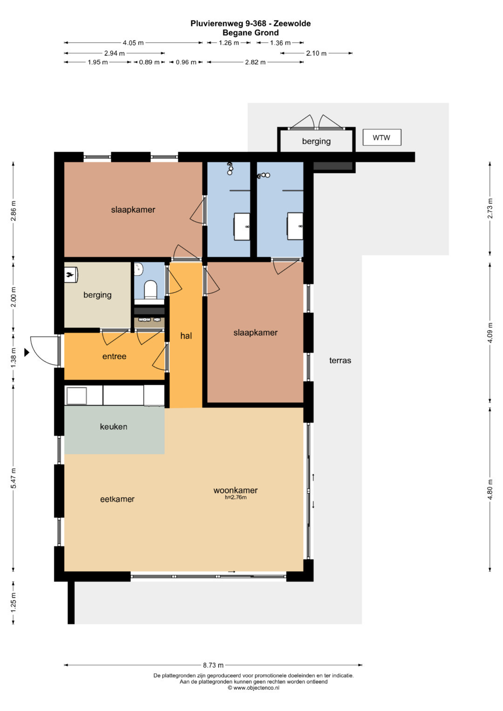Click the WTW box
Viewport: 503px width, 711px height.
381,137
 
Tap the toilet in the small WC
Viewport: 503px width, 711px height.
150,289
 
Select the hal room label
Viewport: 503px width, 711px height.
186,336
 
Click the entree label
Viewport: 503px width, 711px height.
114,356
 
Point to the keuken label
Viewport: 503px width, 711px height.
113,427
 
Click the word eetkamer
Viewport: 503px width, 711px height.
117,499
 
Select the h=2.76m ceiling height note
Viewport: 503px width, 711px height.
236,497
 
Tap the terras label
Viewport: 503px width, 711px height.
340,360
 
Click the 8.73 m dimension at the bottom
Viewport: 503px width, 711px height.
213,665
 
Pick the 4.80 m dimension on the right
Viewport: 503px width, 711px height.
490,490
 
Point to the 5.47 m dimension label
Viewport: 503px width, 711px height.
14,479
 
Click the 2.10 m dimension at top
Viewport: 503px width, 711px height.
316,53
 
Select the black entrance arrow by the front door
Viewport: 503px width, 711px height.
27,352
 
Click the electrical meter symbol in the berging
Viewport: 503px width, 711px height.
71,275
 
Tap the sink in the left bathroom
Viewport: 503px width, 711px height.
242,226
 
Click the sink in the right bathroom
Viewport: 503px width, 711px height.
295,226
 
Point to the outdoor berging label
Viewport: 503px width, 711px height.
316,141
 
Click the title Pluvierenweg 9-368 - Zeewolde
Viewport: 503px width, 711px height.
251,23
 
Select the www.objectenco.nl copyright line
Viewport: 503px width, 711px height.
253,688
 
